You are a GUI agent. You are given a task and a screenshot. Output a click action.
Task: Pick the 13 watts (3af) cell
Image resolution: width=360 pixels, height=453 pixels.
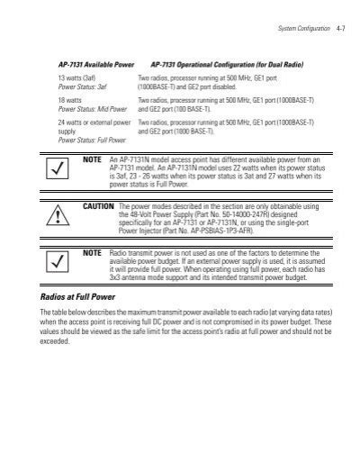[76, 80]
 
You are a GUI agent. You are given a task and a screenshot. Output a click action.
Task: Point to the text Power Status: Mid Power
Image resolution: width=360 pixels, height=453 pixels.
[90, 109]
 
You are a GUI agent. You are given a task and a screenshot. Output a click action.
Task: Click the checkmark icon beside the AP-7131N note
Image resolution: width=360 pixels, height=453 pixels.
[58, 169]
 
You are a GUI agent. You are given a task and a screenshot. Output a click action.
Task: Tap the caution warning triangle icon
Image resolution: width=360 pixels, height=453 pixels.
[58, 218]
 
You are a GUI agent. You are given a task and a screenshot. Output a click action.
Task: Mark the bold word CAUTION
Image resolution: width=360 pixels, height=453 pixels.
[98, 206]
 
